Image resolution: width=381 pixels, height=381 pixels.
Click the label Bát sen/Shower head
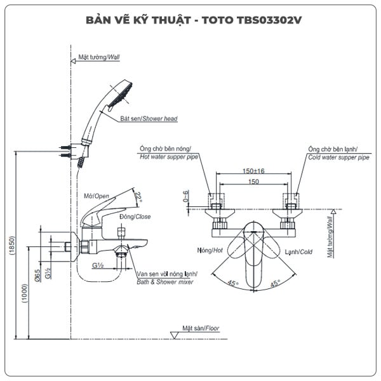[x=149, y=119]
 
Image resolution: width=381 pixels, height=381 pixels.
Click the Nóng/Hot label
[x=210, y=251]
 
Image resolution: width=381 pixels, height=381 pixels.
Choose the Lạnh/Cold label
[x=298, y=251]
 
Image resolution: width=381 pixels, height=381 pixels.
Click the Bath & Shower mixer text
[x=166, y=282]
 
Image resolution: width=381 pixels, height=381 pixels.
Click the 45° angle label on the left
[x=234, y=284]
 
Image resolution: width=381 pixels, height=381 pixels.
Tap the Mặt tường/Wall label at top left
[x=98, y=57]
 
